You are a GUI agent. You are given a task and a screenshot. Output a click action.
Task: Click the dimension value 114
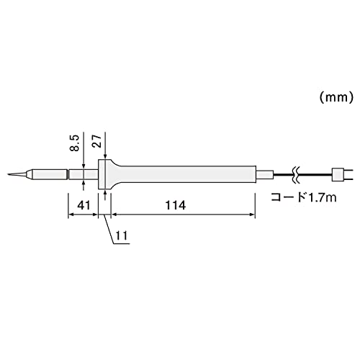click(176, 205)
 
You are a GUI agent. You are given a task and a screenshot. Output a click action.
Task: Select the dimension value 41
click(84, 205)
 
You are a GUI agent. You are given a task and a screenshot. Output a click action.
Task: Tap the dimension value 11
click(122, 235)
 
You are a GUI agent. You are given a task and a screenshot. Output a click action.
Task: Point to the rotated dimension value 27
click(98, 141)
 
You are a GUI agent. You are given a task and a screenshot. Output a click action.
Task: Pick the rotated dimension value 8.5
click(74, 143)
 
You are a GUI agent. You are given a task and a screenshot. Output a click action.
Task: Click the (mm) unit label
click(336, 98)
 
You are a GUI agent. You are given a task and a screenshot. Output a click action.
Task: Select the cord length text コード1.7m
click(304, 197)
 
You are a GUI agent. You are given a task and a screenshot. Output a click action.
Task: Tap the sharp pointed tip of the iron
click(8, 174)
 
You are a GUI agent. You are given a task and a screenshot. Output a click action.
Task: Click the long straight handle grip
click(187, 174)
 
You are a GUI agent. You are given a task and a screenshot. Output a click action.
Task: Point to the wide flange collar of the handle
click(105, 174)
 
